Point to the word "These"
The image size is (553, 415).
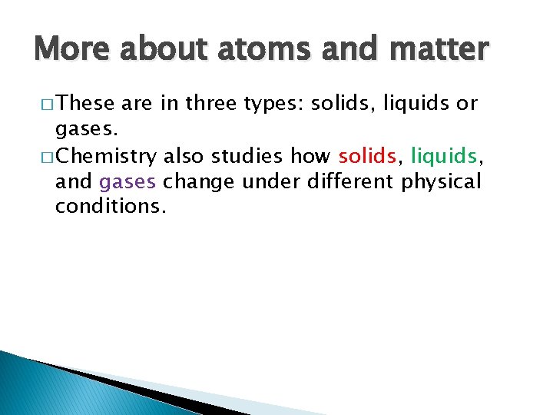click(x=85, y=104)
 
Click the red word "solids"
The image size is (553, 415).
click(x=367, y=157)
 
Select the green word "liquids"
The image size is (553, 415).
click(x=444, y=157)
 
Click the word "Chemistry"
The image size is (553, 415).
click(x=106, y=157)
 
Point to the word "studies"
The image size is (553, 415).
click(x=250, y=157)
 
